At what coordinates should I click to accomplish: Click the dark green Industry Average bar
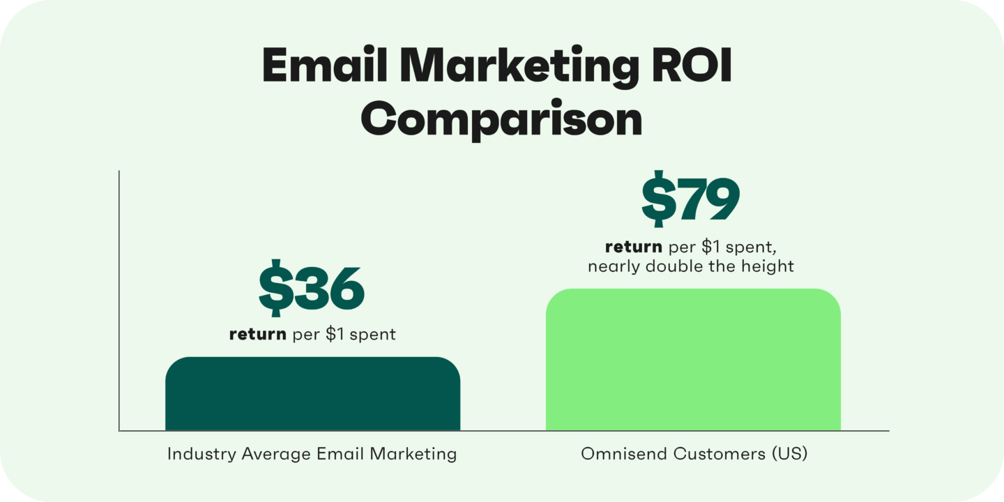(x=312, y=394)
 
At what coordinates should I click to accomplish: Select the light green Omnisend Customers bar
(x=693, y=360)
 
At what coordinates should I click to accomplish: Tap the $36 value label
(x=312, y=289)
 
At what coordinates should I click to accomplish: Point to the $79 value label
(x=690, y=201)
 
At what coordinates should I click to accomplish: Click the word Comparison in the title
(x=501, y=120)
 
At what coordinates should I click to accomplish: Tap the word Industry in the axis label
(x=201, y=455)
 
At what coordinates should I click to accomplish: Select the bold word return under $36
(x=257, y=335)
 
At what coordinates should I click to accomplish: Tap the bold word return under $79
(x=633, y=247)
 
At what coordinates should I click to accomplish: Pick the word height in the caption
(x=769, y=266)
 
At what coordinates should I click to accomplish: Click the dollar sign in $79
(x=656, y=201)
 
